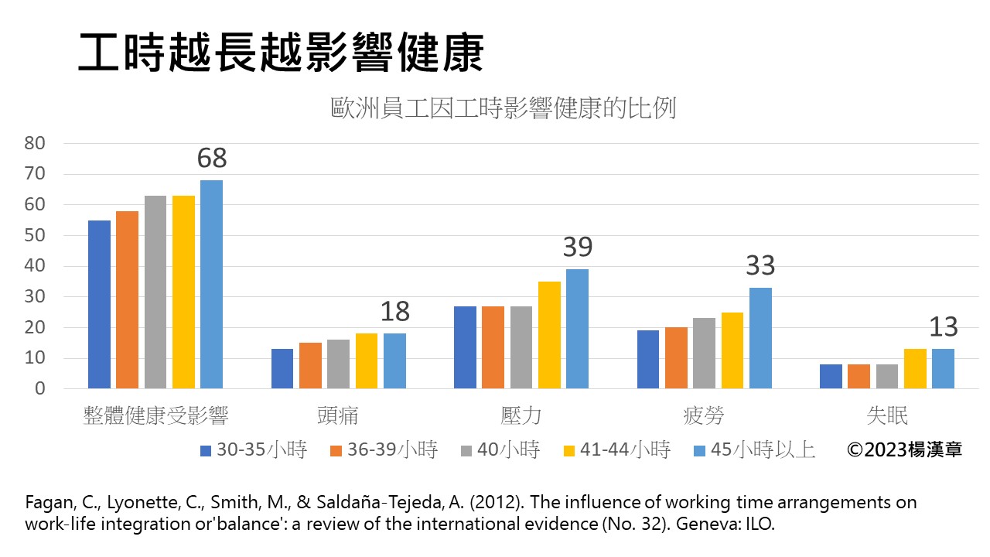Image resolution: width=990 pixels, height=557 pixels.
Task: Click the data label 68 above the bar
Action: click(x=212, y=158)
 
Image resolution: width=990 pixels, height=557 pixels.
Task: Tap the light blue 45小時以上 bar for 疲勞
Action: click(x=760, y=338)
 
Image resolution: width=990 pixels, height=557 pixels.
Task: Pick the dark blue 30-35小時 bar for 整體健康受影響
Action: click(x=99, y=305)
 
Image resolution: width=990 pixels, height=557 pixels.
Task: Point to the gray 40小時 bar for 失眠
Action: click(x=887, y=376)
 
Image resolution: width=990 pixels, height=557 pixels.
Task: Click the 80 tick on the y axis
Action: click(x=36, y=143)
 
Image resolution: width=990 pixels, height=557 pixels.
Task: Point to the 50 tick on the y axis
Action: click(x=36, y=235)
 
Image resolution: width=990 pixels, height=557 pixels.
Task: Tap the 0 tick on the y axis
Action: click(x=40, y=388)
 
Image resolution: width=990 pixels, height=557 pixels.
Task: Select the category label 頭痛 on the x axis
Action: click(x=338, y=415)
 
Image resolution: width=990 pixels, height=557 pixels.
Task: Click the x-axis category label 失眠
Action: click(x=887, y=415)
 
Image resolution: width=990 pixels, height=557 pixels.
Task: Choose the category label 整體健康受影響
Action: click(x=155, y=415)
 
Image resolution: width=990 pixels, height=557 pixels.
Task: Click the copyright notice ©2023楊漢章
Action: click(x=904, y=449)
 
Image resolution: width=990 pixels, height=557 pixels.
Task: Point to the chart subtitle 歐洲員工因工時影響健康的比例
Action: click(x=504, y=108)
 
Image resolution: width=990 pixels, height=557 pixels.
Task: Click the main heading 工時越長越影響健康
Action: click(x=282, y=53)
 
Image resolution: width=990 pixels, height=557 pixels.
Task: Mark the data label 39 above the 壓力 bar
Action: click(x=577, y=247)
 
